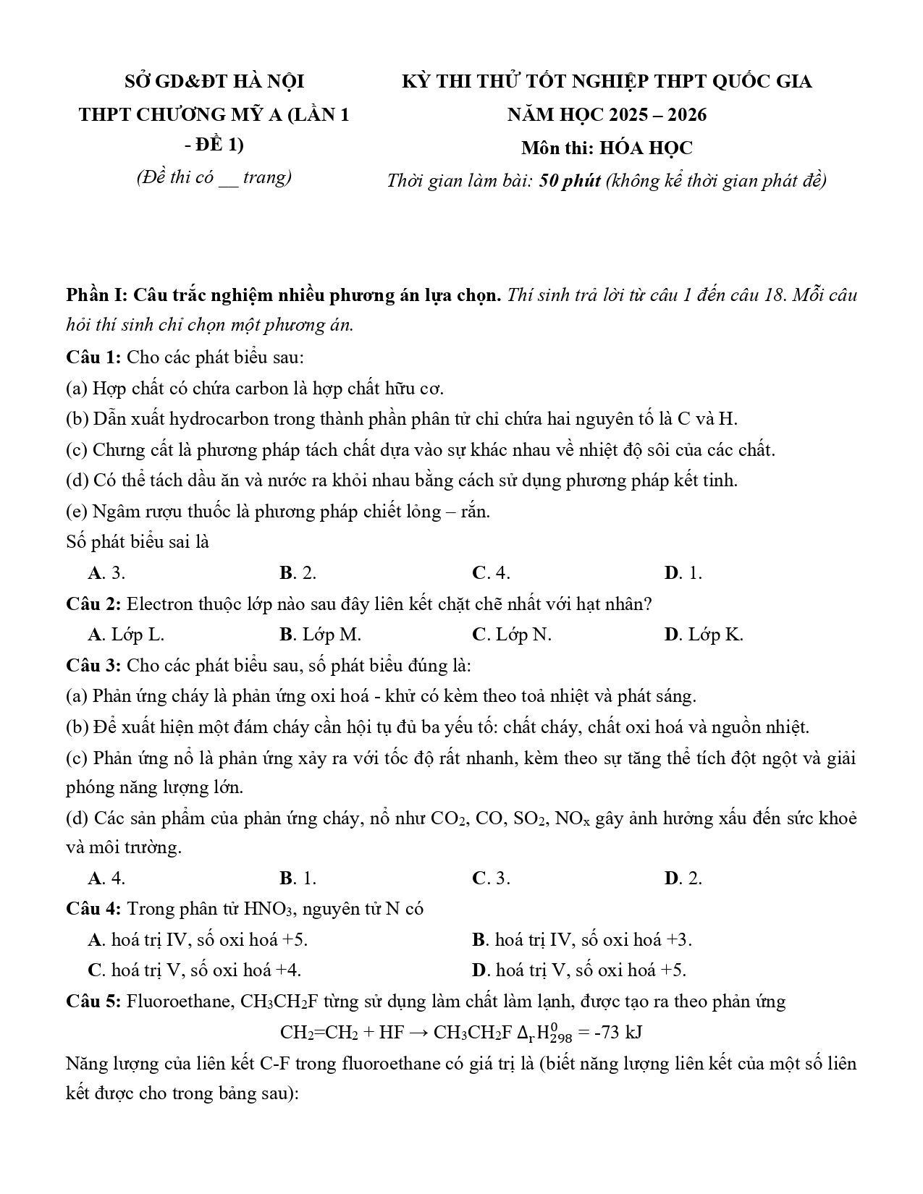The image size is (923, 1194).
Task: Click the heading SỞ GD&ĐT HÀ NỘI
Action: [x=214, y=81]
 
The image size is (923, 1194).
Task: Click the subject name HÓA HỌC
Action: [x=646, y=148]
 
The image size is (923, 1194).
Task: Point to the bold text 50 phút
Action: [x=570, y=181]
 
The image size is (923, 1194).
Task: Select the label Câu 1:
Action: [x=93, y=357]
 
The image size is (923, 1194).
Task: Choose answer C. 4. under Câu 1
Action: [x=491, y=573]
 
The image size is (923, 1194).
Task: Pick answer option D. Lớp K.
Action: [x=703, y=635]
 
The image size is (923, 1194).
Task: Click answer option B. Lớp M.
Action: [x=320, y=635]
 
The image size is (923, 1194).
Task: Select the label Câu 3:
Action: [x=93, y=665]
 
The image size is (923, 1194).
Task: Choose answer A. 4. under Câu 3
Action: [x=106, y=878]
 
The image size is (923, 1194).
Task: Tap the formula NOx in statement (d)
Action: [x=573, y=819]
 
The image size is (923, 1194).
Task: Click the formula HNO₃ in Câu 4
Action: [x=267, y=910]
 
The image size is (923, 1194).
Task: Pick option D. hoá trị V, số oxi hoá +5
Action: [x=578, y=970]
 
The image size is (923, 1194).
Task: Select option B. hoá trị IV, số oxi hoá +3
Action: [x=581, y=940]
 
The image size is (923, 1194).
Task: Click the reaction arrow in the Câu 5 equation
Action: [x=419, y=1033]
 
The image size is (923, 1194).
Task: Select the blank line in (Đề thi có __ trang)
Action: [x=228, y=178]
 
